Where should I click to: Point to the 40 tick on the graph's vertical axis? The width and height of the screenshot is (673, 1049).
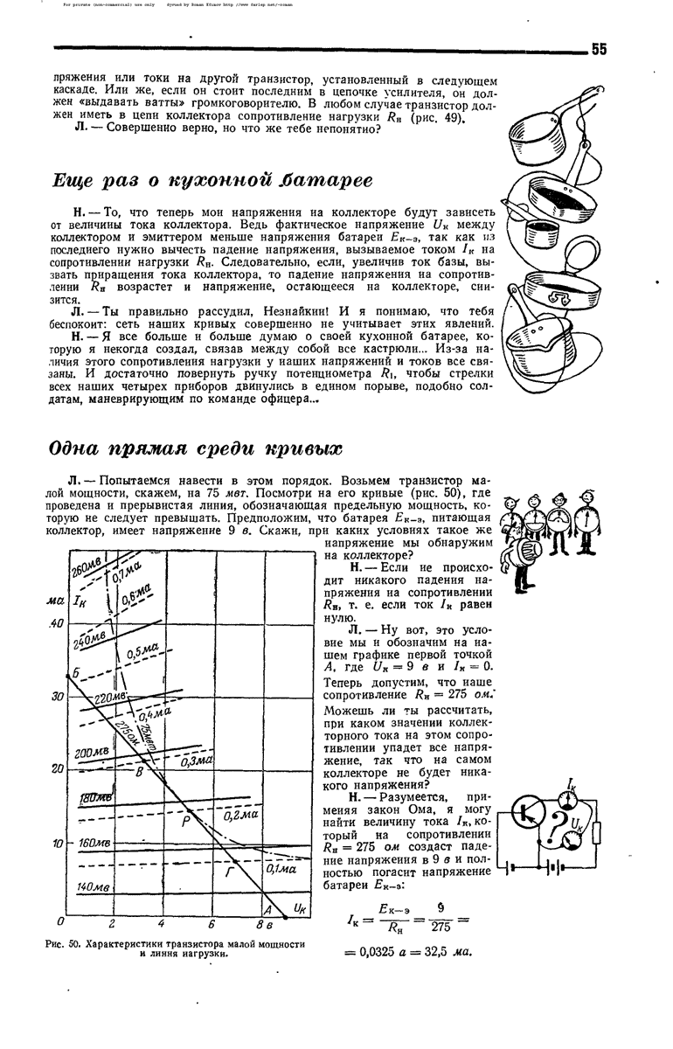[x=56, y=622]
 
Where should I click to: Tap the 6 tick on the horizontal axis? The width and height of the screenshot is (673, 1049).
[x=211, y=924]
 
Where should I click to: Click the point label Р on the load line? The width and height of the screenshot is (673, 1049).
[x=185, y=821]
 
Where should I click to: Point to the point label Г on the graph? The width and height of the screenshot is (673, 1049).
[x=231, y=871]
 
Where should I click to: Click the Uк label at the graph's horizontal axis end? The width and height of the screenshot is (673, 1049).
[x=299, y=908]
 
